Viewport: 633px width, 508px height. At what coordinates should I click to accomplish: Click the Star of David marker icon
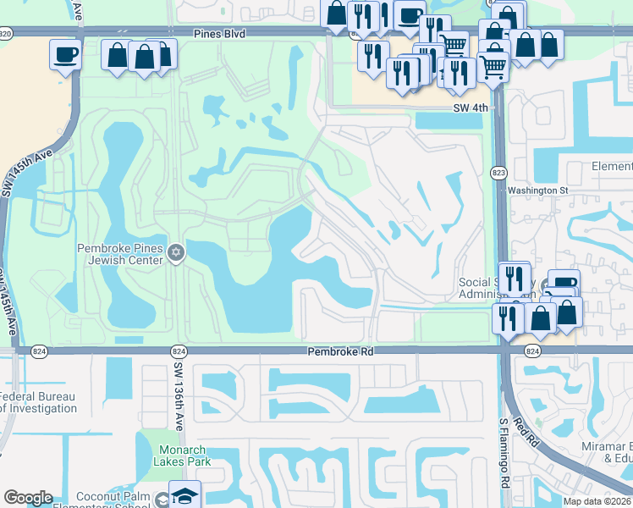tap(176, 253)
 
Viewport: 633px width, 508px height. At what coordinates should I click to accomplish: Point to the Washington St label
tap(538, 190)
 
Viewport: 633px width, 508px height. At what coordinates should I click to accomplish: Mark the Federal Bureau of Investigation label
tap(38, 402)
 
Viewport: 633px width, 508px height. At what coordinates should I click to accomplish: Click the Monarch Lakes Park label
tap(182, 456)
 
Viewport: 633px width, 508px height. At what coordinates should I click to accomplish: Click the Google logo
tap(29, 498)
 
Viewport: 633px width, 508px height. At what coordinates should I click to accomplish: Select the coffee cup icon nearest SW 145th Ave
tap(65, 55)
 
